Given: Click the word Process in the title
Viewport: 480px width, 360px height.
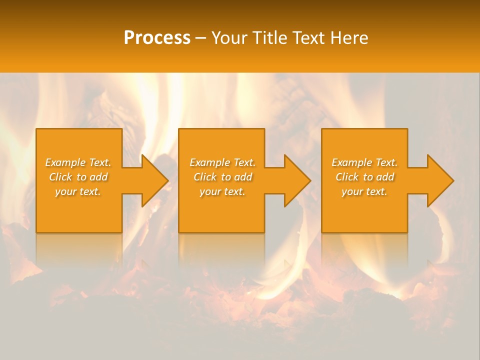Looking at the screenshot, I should (x=157, y=38).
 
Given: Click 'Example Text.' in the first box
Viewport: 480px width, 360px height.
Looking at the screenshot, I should (x=78, y=162).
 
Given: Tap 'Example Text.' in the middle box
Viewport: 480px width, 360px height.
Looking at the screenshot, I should (x=222, y=162).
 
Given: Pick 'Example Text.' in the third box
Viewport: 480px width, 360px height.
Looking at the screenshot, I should (x=364, y=162).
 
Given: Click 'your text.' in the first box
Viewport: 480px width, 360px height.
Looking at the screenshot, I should (x=78, y=191).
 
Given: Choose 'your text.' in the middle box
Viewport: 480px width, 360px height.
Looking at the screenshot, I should (x=222, y=191).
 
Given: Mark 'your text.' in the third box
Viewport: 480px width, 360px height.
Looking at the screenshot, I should (x=364, y=191).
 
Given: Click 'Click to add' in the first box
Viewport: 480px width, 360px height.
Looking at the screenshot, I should (x=78, y=177).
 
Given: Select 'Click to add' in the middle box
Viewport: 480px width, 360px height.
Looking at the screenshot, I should (x=222, y=177).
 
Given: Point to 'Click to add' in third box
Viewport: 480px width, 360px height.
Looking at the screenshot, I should (x=364, y=177).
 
